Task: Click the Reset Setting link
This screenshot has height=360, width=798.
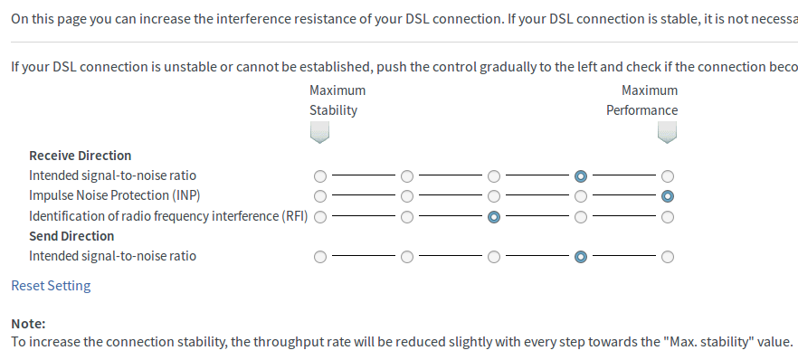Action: click(x=51, y=286)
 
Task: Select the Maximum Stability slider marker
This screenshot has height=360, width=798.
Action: click(x=319, y=132)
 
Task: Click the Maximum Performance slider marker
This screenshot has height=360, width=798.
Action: click(x=667, y=132)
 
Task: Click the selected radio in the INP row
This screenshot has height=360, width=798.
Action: click(x=667, y=196)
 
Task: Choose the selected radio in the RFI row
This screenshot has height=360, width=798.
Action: click(x=494, y=217)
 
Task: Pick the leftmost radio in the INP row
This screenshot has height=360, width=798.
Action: click(x=320, y=196)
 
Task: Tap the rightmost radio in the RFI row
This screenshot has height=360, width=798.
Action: click(x=667, y=217)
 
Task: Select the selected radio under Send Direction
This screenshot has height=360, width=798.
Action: click(x=581, y=257)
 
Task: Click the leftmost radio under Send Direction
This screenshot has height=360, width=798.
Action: click(x=320, y=257)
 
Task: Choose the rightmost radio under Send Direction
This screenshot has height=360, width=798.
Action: click(x=667, y=257)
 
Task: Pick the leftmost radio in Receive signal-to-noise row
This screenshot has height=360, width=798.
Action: click(x=320, y=176)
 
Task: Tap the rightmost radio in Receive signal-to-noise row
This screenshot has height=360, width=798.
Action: click(x=667, y=176)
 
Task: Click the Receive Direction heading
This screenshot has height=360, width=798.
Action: click(x=80, y=156)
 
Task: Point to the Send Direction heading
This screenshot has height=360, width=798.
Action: click(x=71, y=236)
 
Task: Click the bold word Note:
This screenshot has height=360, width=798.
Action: click(x=29, y=324)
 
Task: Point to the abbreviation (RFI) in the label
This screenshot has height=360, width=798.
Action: click(x=294, y=216)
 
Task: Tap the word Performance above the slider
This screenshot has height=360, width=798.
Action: click(x=641, y=110)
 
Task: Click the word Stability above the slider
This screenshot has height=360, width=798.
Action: click(x=333, y=110)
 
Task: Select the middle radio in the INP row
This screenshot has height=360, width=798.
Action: click(x=494, y=196)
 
